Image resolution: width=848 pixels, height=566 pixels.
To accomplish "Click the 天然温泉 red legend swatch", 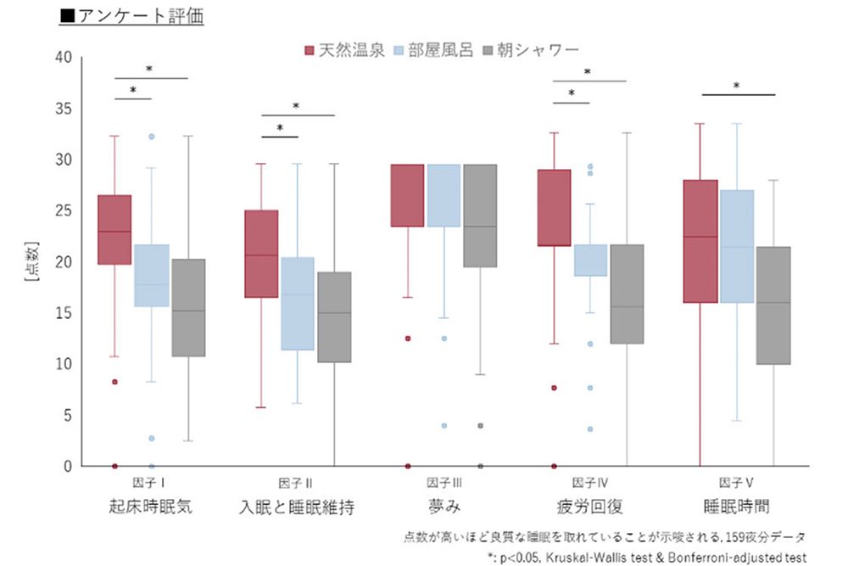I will point(310,50).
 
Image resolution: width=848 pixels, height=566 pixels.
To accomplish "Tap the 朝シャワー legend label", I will point(544,50).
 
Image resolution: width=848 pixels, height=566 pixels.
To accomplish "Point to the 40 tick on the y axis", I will point(64,58).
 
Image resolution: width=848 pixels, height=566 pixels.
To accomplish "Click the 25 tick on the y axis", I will point(64,211).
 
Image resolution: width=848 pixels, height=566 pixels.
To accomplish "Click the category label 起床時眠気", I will point(151,507).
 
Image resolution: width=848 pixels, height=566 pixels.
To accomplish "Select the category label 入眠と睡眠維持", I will point(297,507).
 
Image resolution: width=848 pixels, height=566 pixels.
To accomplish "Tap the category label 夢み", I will point(444,507).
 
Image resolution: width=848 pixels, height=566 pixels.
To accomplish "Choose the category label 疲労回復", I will point(589,507).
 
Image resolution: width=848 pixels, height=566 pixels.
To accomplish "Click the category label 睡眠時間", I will point(736,507).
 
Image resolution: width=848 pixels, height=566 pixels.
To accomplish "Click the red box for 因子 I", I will point(114,230).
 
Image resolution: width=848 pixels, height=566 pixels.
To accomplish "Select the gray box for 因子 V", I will point(773,305).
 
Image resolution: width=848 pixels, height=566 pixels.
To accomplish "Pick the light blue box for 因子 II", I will point(298,304).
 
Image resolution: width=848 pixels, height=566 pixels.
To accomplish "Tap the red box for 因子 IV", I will point(553,208).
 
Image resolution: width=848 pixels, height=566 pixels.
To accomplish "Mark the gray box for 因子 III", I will point(480,216).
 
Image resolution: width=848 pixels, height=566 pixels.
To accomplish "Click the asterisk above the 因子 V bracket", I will point(736,86).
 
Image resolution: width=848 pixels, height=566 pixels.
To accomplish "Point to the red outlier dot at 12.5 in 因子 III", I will point(407,339).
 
